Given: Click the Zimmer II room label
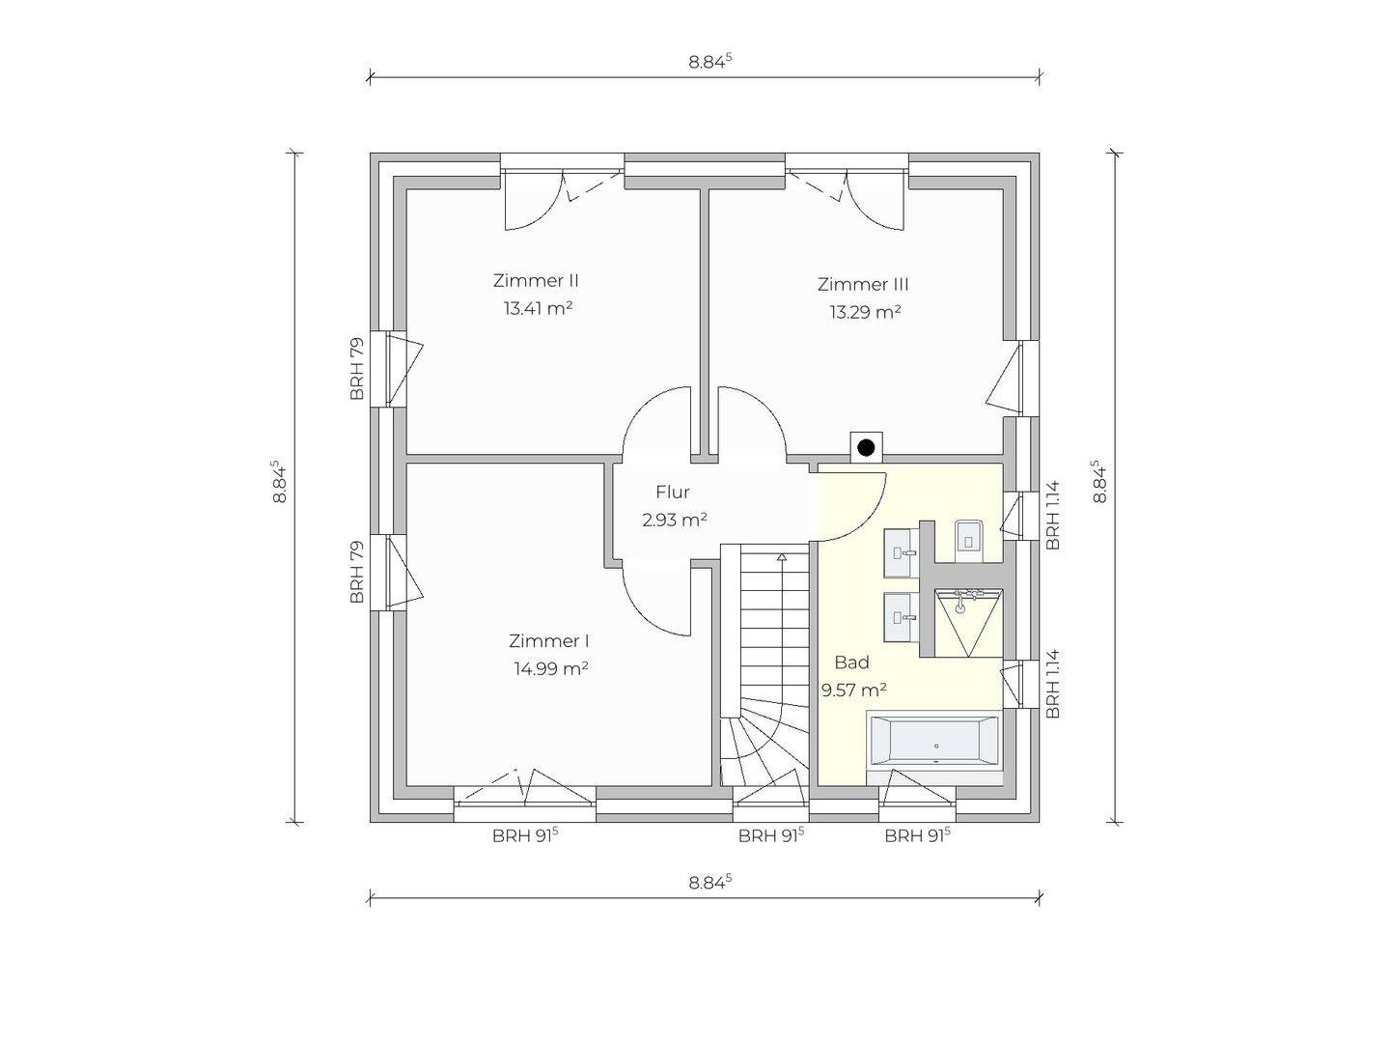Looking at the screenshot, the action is click(x=536, y=280).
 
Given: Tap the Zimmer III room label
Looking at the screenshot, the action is click(x=863, y=284).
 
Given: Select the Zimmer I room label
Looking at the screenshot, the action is click(x=549, y=641).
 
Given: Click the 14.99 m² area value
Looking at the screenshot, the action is click(x=551, y=668).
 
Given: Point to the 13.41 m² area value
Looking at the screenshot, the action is click(x=539, y=308).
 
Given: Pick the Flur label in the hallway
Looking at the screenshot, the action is click(x=673, y=492).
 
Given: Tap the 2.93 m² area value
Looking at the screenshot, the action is click(x=675, y=520).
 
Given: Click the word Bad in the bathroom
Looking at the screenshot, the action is click(x=851, y=662).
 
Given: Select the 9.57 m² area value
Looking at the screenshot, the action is click(x=853, y=690).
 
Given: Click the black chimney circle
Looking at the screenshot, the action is click(x=866, y=448).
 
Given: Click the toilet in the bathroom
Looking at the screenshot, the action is click(x=969, y=540).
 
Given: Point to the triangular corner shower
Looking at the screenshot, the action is click(x=969, y=623).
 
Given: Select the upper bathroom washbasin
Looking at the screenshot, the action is click(x=901, y=553).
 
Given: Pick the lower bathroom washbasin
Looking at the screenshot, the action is click(x=901, y=617).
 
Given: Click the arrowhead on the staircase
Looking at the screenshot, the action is click(x=782, y=557).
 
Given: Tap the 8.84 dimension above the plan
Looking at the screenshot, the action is click(x=709, y=62).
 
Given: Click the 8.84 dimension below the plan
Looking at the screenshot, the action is click(x=709, y=883).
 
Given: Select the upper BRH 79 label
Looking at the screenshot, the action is click(x=356, y=369).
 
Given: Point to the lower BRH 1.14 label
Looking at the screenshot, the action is click(x=1052, y=684).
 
